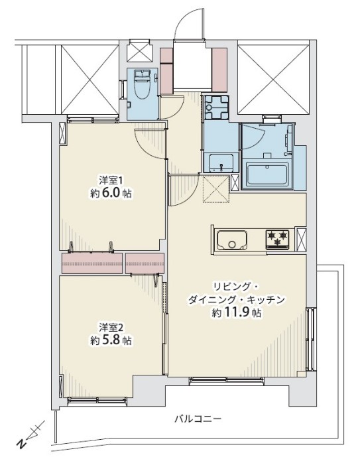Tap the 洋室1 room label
111,180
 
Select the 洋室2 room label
111,327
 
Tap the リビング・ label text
237,285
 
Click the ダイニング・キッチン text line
237,299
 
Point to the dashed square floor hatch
215,188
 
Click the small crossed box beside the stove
302,237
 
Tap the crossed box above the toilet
140,51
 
